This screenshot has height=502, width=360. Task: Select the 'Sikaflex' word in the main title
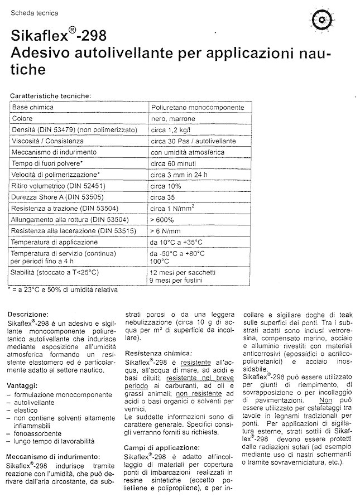[x=39, y=37]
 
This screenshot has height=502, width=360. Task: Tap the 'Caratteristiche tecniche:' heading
[x=50, y=95]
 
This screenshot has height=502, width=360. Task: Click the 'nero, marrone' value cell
[x=170, y=119]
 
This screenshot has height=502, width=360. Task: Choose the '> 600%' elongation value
[x=162, y=219]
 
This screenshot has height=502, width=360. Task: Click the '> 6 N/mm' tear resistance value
[x=165, y=230]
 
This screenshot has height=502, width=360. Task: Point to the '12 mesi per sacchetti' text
[x=183, y=272]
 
